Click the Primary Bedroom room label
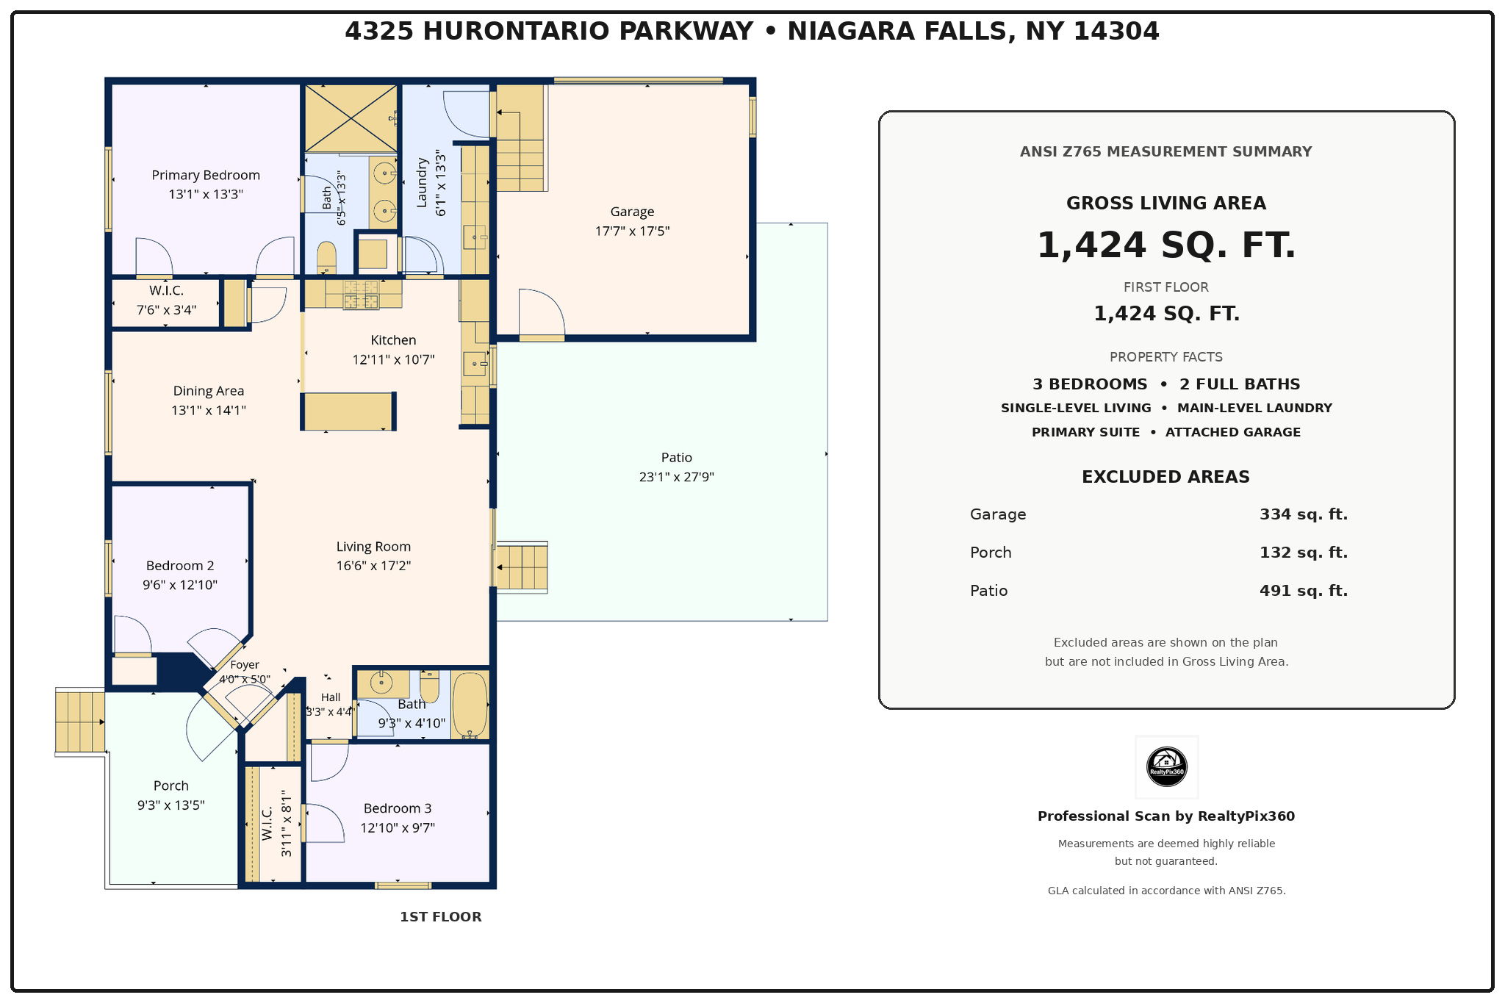click(206, 175)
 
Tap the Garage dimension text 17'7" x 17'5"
click(632, 231)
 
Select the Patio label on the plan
click(676, 457)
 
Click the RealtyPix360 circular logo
click(1166, 766)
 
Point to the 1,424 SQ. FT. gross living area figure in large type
click(1166, 245)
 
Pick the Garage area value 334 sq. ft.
click(1304, 514)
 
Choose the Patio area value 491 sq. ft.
click(1304, 591)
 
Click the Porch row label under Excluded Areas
click(991, 553)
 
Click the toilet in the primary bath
click(326, 257)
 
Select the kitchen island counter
click(348, 411)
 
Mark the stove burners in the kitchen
click(361, 295)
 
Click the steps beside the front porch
click(80, 722)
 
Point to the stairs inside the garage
click(520, 138)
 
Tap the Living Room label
click(373, 547)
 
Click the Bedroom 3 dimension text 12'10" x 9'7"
click(398, 827)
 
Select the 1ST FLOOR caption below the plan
click(441, 917)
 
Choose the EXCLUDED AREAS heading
click(1165, 477)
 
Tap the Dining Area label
click(209, 391)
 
